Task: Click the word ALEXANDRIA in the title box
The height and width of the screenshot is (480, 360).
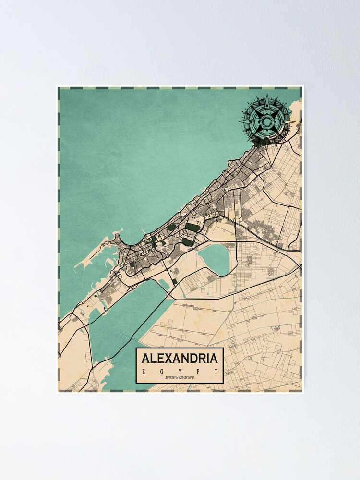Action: tap(180, 358)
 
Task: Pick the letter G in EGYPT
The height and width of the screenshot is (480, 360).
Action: tap(160, 372)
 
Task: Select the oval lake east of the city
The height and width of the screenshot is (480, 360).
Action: tap(216, 259)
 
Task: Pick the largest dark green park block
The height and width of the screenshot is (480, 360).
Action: tap(193, 227)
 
